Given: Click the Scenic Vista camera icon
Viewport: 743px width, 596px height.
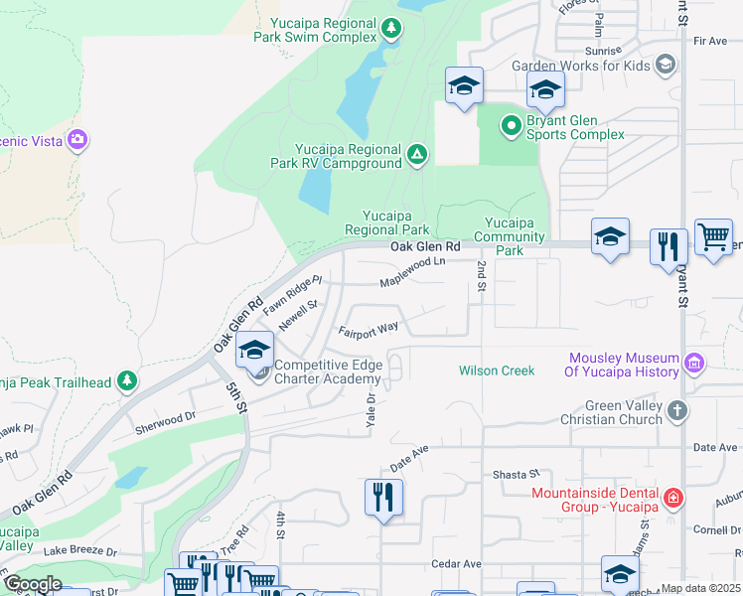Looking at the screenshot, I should pos(77,140).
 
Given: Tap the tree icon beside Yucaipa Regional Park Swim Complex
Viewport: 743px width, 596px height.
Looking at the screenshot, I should pos(391,29).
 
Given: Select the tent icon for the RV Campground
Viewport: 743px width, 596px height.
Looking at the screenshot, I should pos(418,155).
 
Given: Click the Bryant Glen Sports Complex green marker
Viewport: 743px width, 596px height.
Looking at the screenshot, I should pos(511,125).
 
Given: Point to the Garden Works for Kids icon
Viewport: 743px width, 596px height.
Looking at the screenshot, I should pos(666,66).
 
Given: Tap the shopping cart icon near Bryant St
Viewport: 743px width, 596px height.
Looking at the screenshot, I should pos(713,238).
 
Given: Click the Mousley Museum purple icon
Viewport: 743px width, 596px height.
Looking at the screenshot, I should pos(694,365).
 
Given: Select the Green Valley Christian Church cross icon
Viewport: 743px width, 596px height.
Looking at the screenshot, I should pos(676,410).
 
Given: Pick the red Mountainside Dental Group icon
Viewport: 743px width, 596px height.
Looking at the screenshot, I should pos(673,499).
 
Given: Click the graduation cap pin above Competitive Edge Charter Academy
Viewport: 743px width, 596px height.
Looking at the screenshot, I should pos(255,350).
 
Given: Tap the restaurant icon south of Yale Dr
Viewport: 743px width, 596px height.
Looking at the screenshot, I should pos(383,496).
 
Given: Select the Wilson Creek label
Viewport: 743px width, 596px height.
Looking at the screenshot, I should pos(497,371).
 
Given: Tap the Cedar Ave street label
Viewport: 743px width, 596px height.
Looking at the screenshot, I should pos(457,563).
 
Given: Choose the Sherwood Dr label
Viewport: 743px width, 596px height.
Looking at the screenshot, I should pos(166,424).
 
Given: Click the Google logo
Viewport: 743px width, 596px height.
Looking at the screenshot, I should pos(33,584).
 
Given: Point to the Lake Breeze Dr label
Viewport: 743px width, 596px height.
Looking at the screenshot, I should pos(79,550).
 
